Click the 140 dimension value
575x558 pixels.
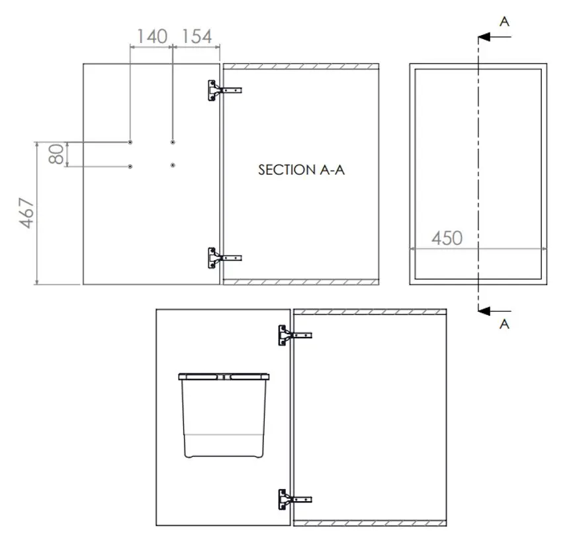(152, 36)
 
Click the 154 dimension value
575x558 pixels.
(197, 36)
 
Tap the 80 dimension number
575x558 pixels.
(56, 154)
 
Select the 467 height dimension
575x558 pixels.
(26, 212)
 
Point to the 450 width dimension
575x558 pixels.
(447, 238)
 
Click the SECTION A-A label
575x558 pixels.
(302, 170)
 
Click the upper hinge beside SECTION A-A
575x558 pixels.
(224, 90)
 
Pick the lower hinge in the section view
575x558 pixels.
(224, 258)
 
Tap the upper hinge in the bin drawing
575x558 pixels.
(295, 336)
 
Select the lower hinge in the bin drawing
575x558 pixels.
(295, 499)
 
